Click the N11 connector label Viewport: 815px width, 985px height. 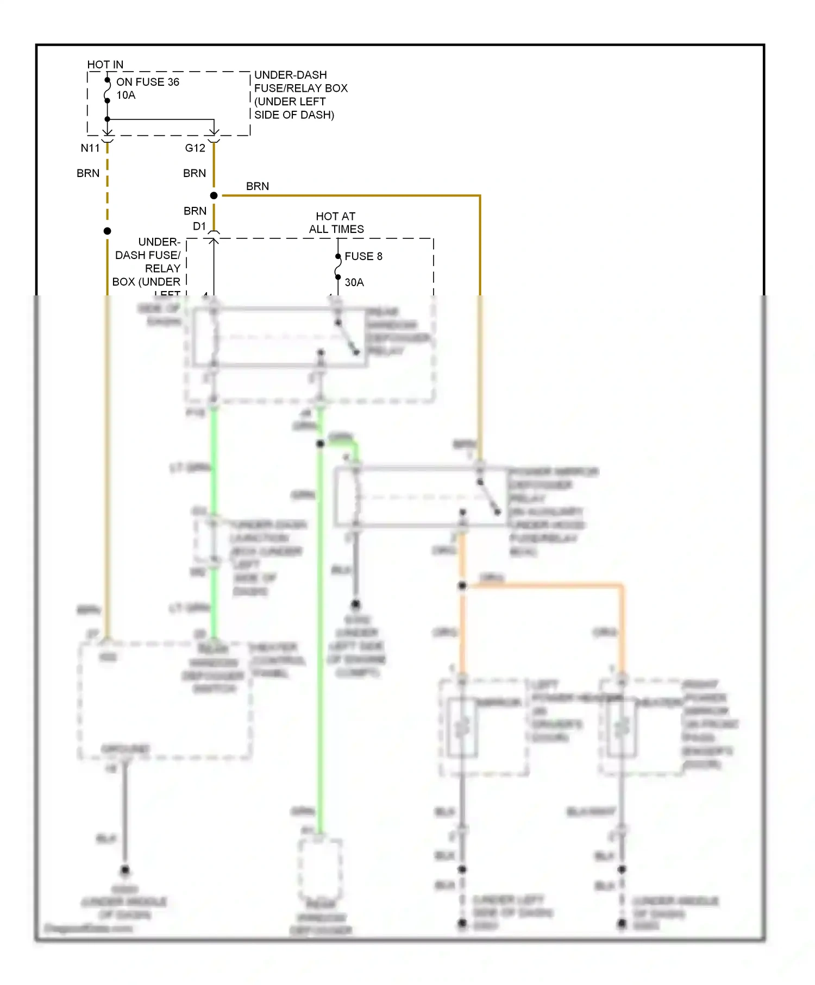pos(90,148)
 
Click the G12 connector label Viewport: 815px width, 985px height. pos(195,148)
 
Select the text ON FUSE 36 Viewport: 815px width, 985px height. pos(147,82)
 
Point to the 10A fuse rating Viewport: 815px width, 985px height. pos(126,95)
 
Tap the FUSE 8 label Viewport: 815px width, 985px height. pos(363,256)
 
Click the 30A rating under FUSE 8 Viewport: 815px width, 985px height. pos(354,282)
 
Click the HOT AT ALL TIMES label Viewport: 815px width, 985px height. pos(336,223)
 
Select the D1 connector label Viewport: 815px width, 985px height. pos(199,226)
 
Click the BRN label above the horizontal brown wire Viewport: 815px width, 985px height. pos(257,186)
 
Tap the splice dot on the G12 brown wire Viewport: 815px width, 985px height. pos(214,195)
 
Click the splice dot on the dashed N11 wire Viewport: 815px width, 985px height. pos(108,231)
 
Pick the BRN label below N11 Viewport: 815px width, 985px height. pos(88,173)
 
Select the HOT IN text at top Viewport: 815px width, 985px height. pos(105,65)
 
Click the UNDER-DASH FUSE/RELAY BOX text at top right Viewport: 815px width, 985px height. pos(300,94)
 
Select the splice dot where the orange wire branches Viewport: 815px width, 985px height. pos(462,586)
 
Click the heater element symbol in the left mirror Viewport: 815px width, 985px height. pos(462,728)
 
